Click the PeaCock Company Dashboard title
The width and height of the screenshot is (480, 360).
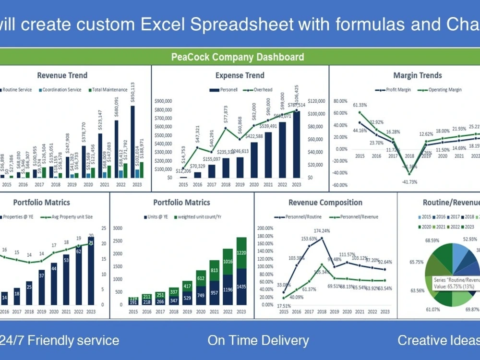coord(238,57)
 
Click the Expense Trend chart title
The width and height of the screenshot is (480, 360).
coord(240,75)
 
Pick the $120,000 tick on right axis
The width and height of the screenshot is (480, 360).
coord(316,101)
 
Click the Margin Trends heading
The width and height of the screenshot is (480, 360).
coord(417,75)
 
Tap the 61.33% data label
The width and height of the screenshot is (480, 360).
coord(360,105)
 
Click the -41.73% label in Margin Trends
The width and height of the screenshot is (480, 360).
coord(409,182)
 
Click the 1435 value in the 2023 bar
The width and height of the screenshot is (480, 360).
coord(241,287)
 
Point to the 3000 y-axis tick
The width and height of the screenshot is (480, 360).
coord(117,228)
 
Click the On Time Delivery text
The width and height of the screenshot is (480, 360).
coord(258,340)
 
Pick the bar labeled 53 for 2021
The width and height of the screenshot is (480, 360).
coord(66,260)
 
